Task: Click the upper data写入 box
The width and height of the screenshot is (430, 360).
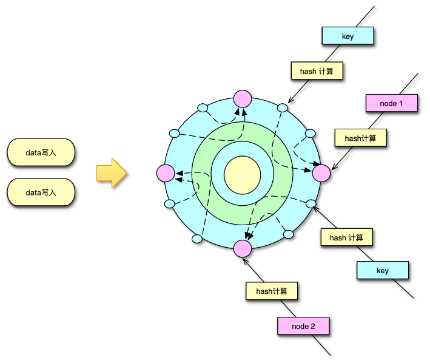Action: tap(41, 152)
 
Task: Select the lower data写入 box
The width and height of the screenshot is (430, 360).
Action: tap(41, 192)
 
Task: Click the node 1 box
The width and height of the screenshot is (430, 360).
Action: tap(391, 103)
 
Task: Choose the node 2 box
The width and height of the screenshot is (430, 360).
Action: tap(303, 326)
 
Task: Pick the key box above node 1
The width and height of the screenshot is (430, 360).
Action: tap(348, 36)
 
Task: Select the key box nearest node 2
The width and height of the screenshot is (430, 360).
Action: tap(382, 270)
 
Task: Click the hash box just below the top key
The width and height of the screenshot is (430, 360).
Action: tap(317, 71)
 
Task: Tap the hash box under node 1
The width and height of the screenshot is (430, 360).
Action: tap(360, 138)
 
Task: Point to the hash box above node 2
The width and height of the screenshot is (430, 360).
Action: tap(271, 291)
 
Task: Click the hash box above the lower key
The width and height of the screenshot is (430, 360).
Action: tap(346, 237)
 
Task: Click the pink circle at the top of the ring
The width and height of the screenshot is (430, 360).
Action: tap(242, 98)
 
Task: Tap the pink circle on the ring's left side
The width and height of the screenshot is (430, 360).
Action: tap(165, 174)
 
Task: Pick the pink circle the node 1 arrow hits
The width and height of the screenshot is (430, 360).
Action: tap(321, 173)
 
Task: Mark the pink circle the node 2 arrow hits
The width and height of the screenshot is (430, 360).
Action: tap(242, 248)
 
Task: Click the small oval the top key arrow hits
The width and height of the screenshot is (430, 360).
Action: tap(282, 107)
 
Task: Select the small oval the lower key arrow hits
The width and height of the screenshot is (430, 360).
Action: tap(312, 203)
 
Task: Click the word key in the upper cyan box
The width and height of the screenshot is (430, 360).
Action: tap(348, 36)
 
